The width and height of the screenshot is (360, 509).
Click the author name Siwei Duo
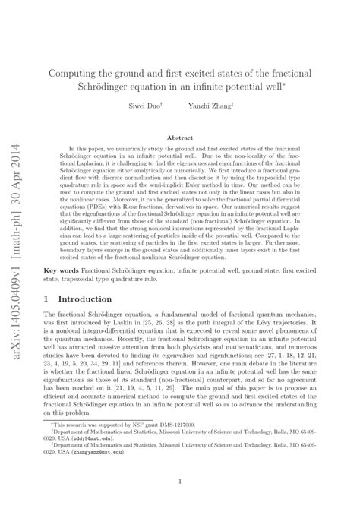pyautogui.click(x=145, y=105)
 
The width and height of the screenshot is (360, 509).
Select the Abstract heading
pyautogui.click(x=179, y=137)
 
